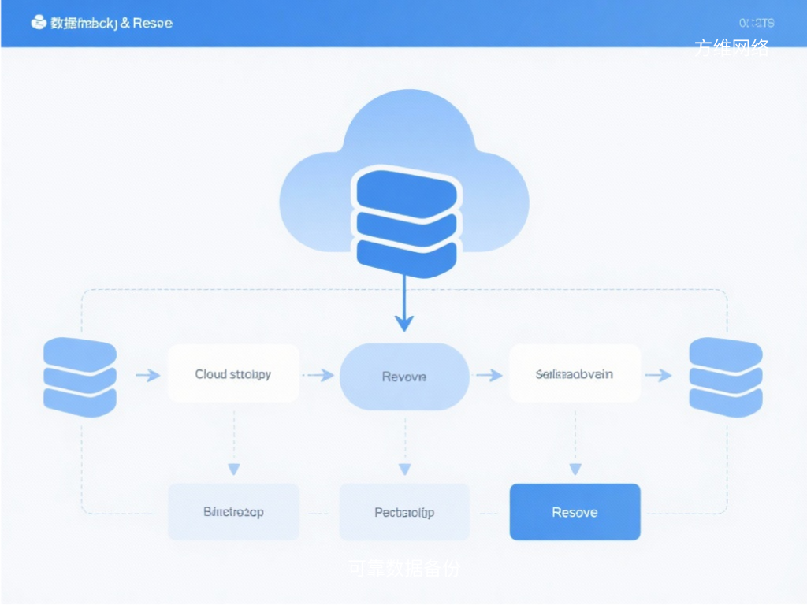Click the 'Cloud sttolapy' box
point(233,373)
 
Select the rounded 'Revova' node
point(404,377)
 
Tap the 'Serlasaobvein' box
point(575,373)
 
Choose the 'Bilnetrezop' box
point(233,512)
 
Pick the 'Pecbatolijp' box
point(404,512)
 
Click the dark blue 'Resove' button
point(575,512)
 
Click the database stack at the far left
point(80,377)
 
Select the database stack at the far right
point(725,377)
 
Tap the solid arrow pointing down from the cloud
point(404,307)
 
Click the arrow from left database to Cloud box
point(148,376)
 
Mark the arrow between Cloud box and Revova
point(319,376)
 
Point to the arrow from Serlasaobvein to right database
point(659,376)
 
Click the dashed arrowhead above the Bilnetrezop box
point(233,470)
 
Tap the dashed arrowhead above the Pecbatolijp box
point(404,470)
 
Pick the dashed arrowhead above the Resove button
point(575,470)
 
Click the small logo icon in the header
point(39,23)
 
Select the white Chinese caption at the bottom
point(403,568)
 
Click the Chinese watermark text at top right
point(731,48)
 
